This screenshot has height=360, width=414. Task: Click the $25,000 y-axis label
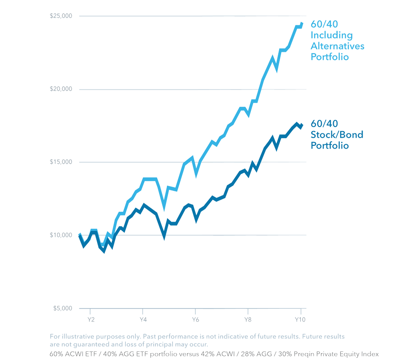pos(61,16)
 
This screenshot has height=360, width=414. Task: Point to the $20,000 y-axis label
pos(61,89)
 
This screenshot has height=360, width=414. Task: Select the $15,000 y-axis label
pos(61,162)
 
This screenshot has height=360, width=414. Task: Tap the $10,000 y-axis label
pos(61,235)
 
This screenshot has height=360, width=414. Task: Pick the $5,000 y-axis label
pos(61,308)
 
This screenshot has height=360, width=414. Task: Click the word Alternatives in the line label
pos(337,47)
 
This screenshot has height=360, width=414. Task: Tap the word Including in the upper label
pos(331,35)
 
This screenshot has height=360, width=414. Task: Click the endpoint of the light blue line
pos(302,23)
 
